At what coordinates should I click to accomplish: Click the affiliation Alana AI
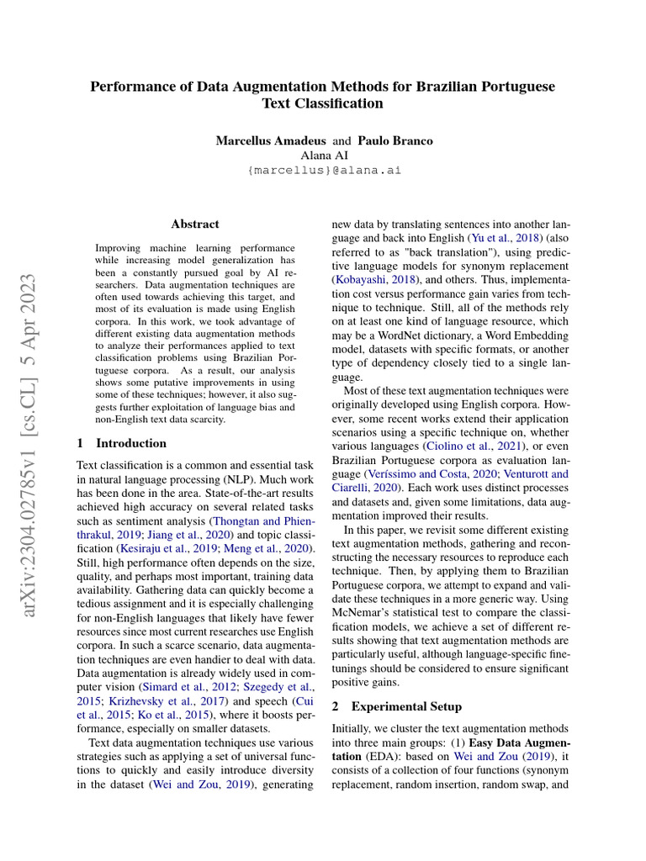click(x=323, y=156)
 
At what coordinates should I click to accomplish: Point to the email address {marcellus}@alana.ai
click(x=324, y=170)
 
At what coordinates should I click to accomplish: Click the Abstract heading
click(x=194, y=224)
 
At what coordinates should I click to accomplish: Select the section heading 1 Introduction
click(x=122, y=443)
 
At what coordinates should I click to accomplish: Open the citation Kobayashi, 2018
click(x=375, y=278)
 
